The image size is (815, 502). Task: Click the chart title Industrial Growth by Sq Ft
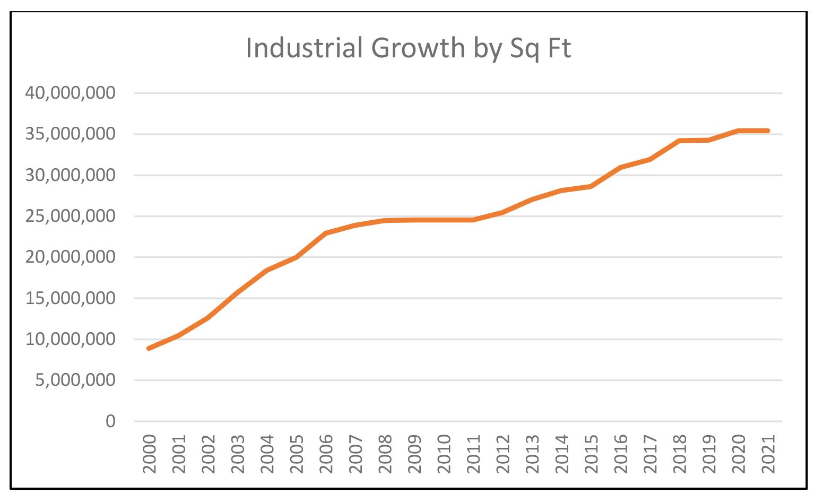[408, 49]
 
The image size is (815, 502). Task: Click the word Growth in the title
[418, 49]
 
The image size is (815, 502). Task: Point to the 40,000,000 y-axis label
[70, 93]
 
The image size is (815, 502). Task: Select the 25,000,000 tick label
[70, 217]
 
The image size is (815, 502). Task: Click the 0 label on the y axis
[110, 421]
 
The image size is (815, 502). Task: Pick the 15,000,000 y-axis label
[70, 298]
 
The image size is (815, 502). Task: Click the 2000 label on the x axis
[150, 454]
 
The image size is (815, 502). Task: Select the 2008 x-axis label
[385, 454]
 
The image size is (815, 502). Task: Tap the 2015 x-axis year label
[591, 454]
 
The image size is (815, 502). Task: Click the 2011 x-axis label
[473, 454]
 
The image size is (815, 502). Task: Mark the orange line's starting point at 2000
[149, 348]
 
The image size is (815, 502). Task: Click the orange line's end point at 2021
[767, 131]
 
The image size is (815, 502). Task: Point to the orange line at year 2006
[326, 233]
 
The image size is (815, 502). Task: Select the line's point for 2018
[679, 141]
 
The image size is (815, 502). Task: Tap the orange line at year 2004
[267, 270]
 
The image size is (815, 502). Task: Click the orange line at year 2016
[620, 167]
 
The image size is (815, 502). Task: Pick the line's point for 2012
[502, 212]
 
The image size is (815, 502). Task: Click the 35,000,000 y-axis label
[70, 134]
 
